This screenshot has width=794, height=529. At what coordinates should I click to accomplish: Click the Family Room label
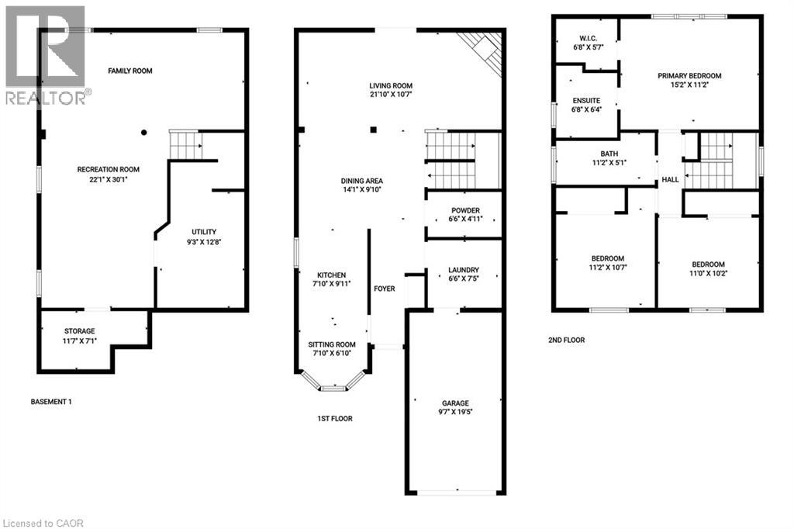pos(130,71)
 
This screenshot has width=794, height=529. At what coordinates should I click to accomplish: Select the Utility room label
pos(204,231)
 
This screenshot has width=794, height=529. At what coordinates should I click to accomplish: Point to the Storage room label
pos(80,331)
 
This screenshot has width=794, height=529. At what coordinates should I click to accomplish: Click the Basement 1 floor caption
pos(51,402)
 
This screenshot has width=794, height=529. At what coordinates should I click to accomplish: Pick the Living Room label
pos(390,85)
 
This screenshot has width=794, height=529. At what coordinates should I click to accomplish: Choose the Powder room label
pos(466,210)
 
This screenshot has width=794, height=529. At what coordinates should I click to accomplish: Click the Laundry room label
pos(464,270)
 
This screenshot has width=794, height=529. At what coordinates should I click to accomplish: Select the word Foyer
pos(385,289)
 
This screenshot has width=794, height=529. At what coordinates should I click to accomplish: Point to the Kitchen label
pos(331,275)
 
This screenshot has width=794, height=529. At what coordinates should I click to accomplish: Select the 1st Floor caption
pos(335,419)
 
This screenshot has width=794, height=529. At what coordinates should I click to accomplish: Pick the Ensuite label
pos(586,100)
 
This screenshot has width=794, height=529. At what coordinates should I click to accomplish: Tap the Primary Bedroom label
pos(689,75)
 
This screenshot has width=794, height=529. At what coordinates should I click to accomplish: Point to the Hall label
pos(671,180)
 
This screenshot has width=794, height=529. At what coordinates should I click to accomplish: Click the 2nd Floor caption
pos(566,340)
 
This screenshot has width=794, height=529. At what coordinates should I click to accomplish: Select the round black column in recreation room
pos(143,132)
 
